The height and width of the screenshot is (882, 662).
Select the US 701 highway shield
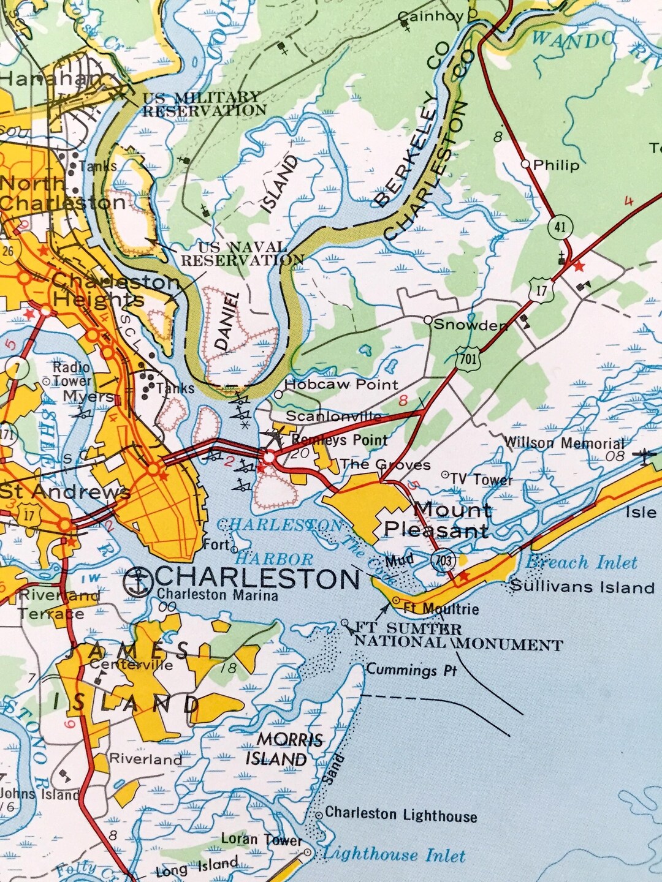pos(468,358)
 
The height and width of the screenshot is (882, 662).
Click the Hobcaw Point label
pos(341,385)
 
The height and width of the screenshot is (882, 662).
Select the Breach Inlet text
pos(582,562)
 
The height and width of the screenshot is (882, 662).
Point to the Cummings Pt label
pos(412,669)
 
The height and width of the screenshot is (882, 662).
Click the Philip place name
pos(556,165)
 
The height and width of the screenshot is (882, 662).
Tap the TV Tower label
pos(481,479)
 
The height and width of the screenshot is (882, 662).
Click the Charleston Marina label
pos(217,595)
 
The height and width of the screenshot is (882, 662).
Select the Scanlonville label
pos(333,417)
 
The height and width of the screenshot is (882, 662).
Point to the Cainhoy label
pos(430,17)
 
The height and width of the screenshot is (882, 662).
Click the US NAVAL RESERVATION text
pos(242,254)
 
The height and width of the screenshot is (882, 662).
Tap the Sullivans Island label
pos(582,587)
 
